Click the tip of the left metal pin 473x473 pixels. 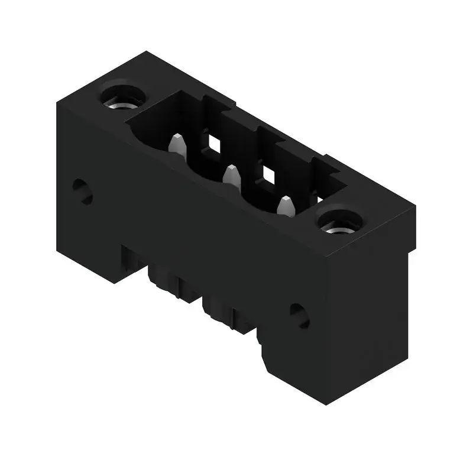(x=176, y=140)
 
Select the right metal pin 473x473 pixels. (x=286, y=205)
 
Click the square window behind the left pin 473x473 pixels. (x=212, y=141)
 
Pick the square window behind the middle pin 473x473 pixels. (x=268, y=174)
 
